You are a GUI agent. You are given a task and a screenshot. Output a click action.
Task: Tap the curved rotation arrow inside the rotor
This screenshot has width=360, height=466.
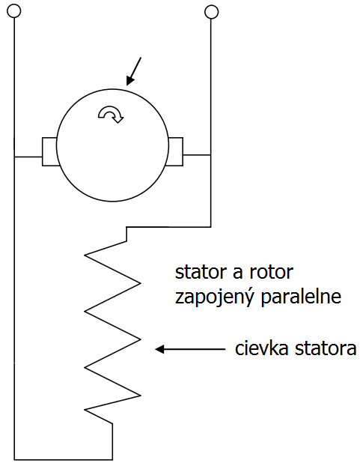pos(111,115)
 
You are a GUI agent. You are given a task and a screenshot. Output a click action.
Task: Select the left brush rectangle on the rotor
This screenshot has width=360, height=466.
pos(49,151)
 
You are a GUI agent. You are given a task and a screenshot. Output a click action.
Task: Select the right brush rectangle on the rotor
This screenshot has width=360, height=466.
pos(176,151)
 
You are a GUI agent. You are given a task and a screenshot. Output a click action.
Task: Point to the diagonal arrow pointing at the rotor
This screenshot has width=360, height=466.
pos(134,71)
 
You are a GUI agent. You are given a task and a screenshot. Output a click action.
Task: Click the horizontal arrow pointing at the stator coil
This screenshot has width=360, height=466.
pos(190,349)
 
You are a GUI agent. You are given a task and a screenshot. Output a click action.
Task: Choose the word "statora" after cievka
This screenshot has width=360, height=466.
pos(326,348)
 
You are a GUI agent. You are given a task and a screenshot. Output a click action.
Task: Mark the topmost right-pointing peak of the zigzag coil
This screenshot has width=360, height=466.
pos(141,283)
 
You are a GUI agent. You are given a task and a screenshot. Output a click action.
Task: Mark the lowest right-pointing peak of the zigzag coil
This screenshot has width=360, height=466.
pos(141,396)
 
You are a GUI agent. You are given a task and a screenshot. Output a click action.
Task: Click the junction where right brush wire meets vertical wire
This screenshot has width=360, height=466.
pos(211,155)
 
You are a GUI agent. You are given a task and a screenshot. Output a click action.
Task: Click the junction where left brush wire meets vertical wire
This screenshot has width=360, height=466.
pos(14,157)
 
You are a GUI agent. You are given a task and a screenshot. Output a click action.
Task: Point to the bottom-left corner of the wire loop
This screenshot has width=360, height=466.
pos(14,460)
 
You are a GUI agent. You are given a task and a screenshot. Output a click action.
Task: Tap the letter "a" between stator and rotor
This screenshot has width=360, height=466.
pos(238,273)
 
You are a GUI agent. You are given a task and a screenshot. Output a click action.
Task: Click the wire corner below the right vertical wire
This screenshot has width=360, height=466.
pos(211,227)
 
